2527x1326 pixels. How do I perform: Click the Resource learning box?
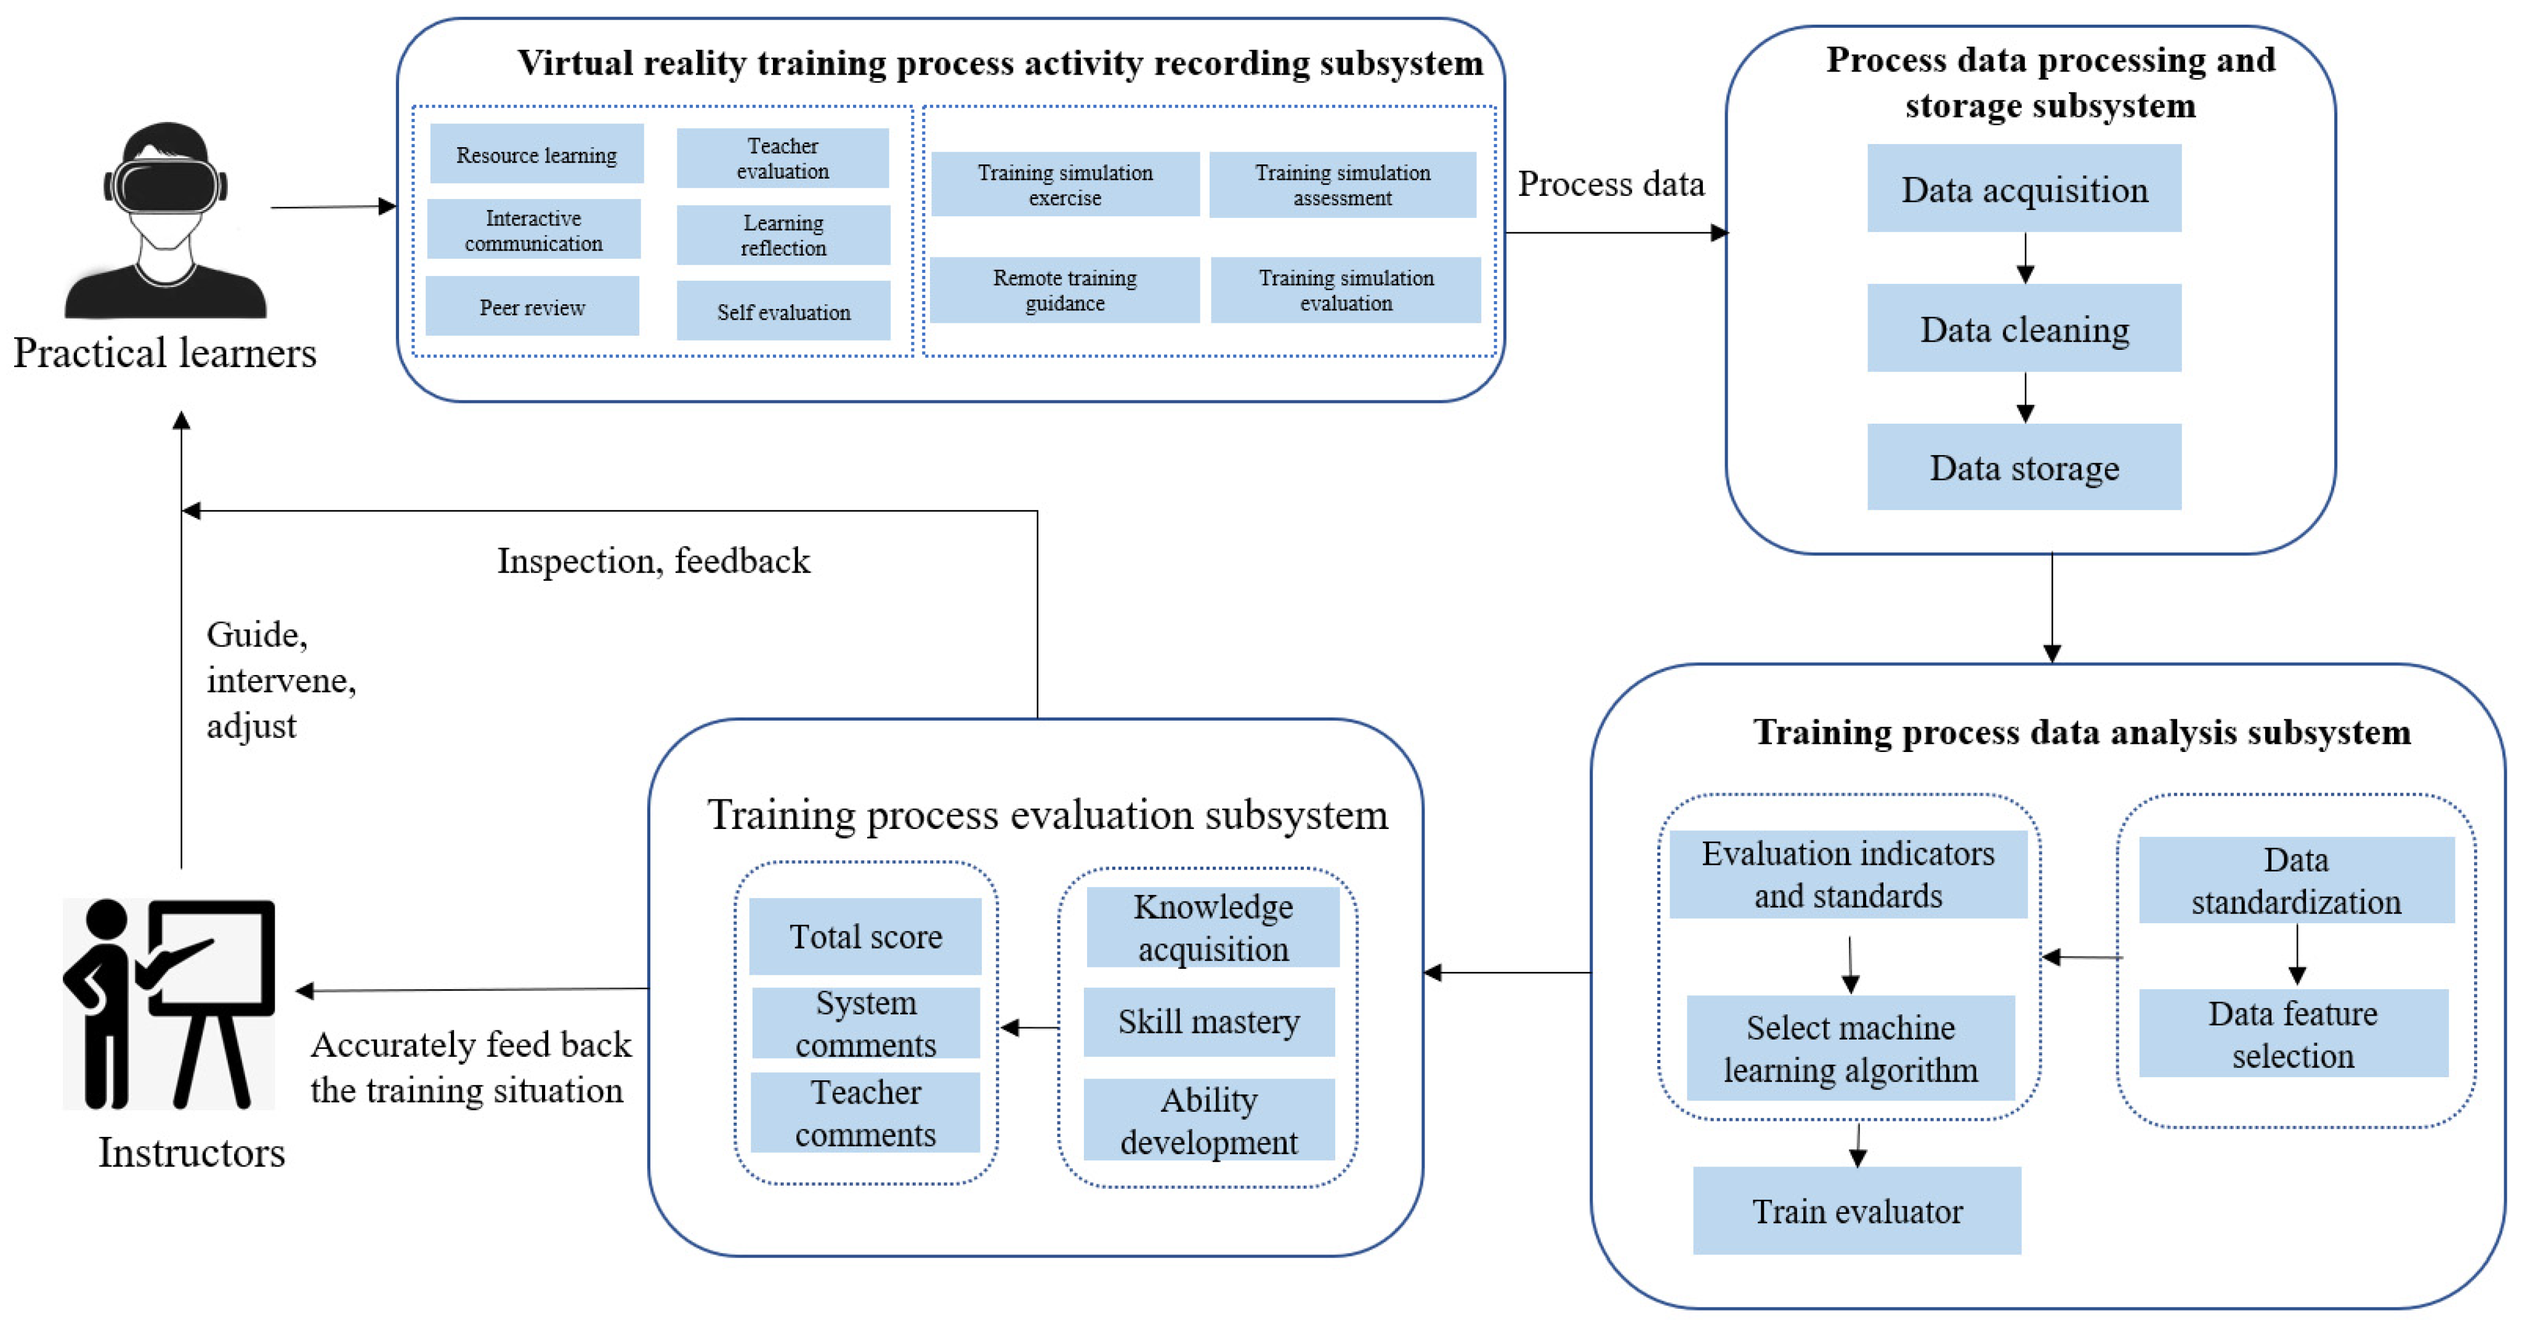(536, 154)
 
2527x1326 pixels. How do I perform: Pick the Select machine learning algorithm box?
(1850, 1048)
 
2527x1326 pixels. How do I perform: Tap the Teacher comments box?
(865, 1112)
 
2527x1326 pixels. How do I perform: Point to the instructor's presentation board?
(211, 956)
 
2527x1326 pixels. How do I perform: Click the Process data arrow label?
(1611, 184)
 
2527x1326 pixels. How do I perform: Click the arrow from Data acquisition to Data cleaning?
(2024, 258)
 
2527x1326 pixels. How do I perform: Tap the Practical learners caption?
(165, 352)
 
